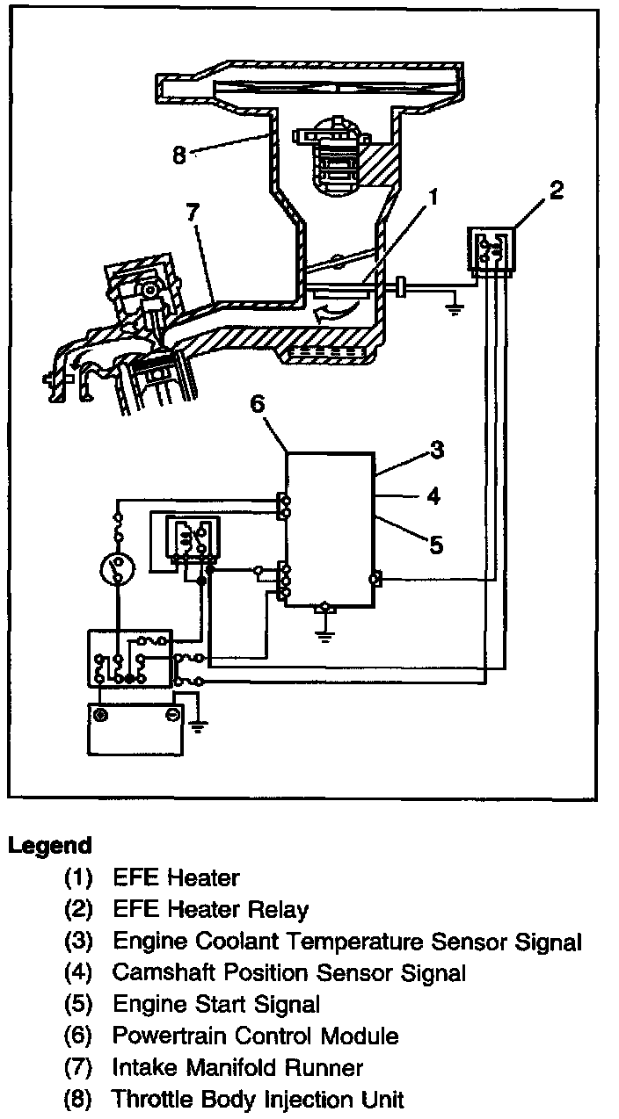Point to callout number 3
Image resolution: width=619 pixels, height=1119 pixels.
tap(436, 451)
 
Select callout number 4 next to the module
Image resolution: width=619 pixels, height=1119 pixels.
tap(433, 497)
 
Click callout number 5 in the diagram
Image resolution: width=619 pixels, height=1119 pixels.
tap(436, 545)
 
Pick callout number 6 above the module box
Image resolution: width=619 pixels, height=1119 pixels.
tap(256, 403)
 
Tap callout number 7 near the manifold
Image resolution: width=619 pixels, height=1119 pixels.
tap(193, 213)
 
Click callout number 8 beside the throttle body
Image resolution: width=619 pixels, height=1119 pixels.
tap(179, 155)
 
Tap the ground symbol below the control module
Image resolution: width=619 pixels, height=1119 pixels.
tap(325, 633)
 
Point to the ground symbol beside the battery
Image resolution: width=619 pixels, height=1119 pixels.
tap(198, 726)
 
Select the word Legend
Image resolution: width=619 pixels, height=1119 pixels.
tap(50, 846)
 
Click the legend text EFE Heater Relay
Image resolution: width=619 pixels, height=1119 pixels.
tap(210, 909)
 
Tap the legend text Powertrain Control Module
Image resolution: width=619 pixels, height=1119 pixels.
tap(255, 1036)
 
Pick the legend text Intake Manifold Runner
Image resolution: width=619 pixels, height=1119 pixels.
tap(237, 1067)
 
